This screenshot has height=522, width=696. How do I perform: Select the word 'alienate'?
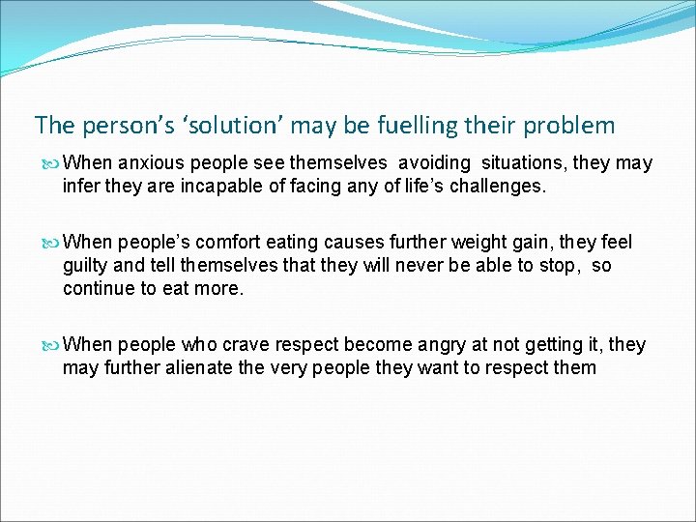pos(208,367)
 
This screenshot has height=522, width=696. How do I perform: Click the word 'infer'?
pos(81,186)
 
